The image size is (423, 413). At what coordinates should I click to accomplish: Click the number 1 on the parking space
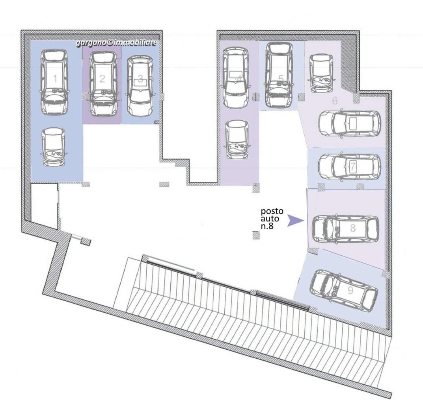point(55,79)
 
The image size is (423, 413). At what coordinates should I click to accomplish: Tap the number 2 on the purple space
point(102,79)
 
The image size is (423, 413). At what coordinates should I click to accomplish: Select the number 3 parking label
point(140,79)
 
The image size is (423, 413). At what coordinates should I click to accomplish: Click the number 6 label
point(335,101)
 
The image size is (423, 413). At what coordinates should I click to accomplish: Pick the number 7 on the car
point(352,166)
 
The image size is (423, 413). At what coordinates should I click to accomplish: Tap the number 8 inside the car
point(352,228)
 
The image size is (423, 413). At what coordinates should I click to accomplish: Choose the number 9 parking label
point(350,291)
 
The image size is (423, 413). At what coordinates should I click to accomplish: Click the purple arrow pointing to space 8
point(296,220)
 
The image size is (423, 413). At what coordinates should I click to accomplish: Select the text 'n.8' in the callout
point(267,226)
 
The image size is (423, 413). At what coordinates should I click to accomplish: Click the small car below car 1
point(54,147)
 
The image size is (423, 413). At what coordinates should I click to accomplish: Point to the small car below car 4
point(237,140)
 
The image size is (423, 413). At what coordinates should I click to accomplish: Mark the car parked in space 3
point(140,86)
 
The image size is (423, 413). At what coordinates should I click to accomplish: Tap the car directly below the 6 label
point(350,124)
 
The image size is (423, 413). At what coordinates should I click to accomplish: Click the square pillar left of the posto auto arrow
point(256,235)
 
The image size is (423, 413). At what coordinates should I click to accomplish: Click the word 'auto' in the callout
point(268,218)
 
